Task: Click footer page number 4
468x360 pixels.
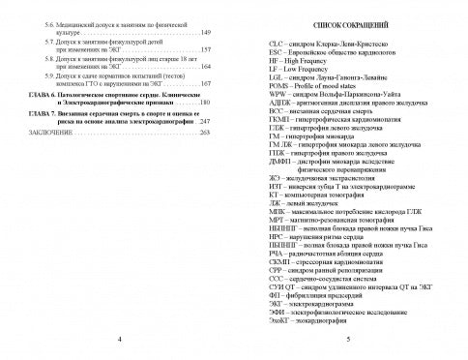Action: [x=118, y=342]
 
